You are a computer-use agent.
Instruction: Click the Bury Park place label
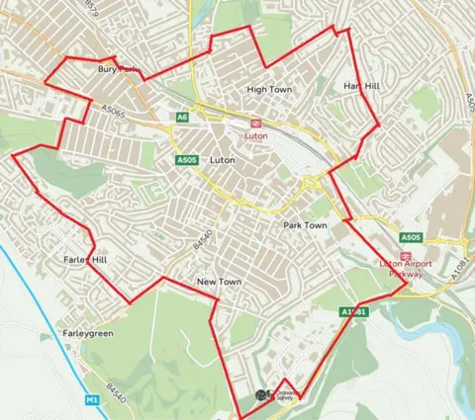(x=115, y=70)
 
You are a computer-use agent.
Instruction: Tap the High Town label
(x=269, y=89)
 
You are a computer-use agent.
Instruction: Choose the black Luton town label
(x=224, y=158)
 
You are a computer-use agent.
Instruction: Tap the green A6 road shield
(x=182, y=118)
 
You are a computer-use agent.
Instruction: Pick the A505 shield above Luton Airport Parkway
(x=412, y=238)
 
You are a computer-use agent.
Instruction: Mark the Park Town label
(x=305, y=225)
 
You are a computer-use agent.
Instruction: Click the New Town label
(x=220, y=283)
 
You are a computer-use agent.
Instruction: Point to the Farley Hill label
(x=84, y=259)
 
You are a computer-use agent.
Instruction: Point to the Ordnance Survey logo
(x=278, y=395)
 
